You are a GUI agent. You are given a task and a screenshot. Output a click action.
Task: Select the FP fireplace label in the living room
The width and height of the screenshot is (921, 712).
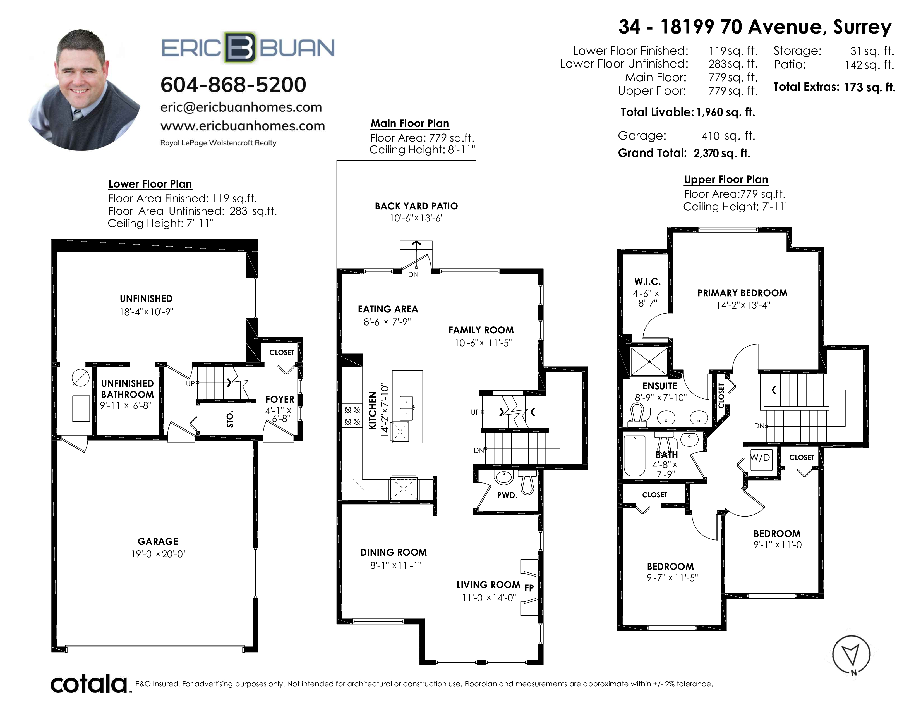pyautogui.click(x=529, y=587)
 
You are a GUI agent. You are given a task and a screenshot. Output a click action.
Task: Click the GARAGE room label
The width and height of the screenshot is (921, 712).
pyautogui.click(x=158, y=541)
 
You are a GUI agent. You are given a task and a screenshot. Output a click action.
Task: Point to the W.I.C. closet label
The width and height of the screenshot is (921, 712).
pyautogui.click(x=647, y=281)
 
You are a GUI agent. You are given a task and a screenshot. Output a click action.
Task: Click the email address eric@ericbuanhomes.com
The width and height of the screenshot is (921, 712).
pyautogui.click(x=241, y=107)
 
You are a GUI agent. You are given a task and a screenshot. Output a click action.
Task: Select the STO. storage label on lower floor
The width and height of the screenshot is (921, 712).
pyautogui.click(x=230, y=419)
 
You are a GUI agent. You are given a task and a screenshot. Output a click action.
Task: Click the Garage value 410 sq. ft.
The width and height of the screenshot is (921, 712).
pyautogui.click(x=728, y=136)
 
